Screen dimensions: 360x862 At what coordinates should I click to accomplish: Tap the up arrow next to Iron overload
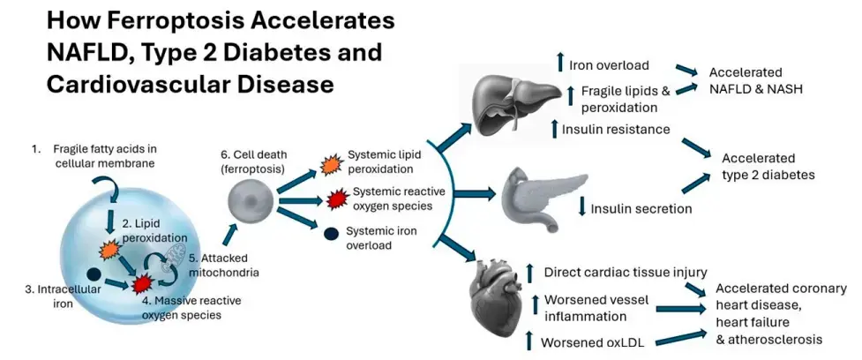point(559,64)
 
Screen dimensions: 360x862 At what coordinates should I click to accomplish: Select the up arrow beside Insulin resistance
point(554,130)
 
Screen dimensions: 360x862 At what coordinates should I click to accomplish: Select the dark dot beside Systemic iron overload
point(331,235)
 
